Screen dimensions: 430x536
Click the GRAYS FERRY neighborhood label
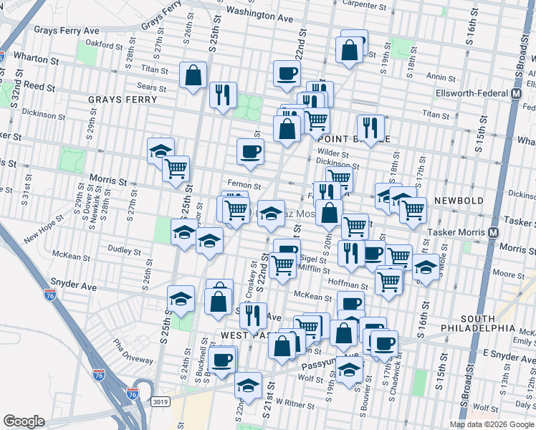116,99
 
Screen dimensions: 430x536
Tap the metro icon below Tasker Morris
493,233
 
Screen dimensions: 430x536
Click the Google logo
24,421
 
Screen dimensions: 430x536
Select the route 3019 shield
161,402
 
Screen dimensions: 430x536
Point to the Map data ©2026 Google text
491,424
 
